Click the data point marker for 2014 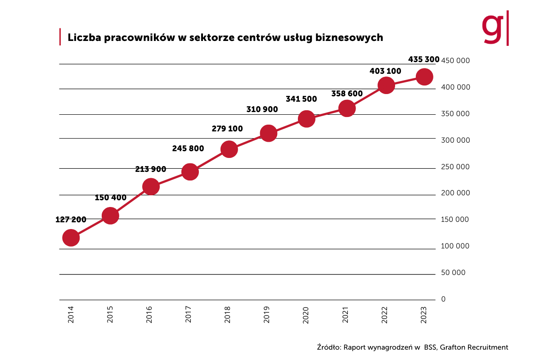(x=71, y=238)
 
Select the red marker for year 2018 (x=229, y=149)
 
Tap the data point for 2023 (x=424, y=77)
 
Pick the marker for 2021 (x=346, y=108)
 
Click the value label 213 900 (x=151, y=170)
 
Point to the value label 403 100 (x=385, y=71)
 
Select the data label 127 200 (x=71, y=220)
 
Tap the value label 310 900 (x=262, y=109)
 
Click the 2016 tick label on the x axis (x=150, y=314)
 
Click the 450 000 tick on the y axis (x=455, y=61)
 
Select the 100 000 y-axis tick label (x=455, y=246)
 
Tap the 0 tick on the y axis (x=443, y=299)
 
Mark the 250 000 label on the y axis (x=455, y=167)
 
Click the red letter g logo (x=492, y=28)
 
